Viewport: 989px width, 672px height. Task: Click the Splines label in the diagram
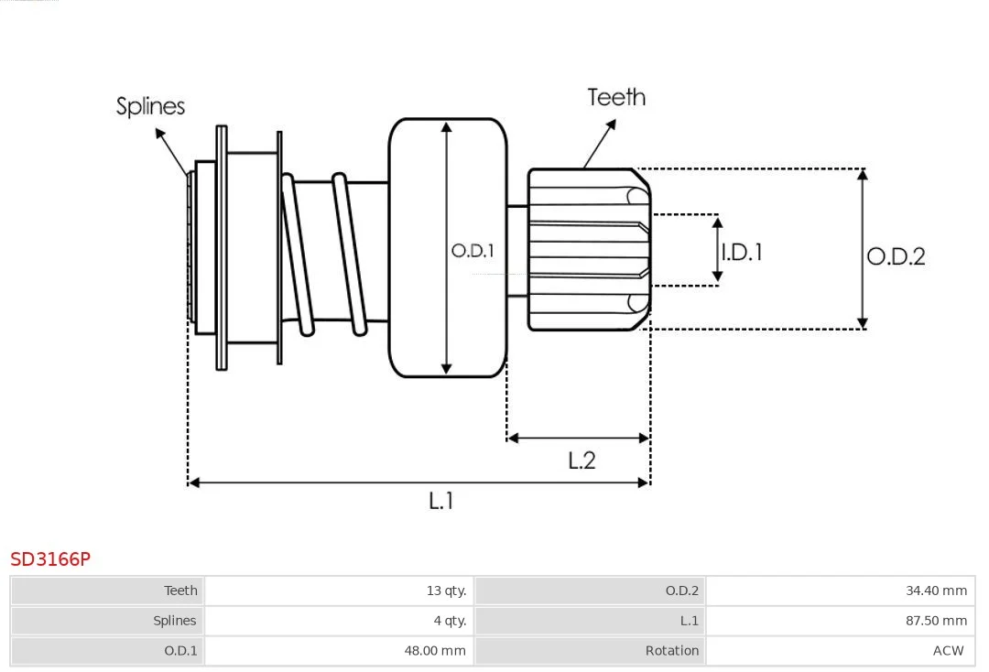(150, 106)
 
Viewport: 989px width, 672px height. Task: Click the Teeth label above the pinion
(616, 97)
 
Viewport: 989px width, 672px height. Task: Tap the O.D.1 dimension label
(473, 250)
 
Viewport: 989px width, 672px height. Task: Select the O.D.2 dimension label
(896, 256)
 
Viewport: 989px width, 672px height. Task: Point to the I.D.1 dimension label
(742, 252)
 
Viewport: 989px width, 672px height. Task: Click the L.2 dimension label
(581, 461)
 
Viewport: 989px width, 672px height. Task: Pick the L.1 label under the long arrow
(441, 501)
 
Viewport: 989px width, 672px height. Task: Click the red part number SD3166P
(50, 558)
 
